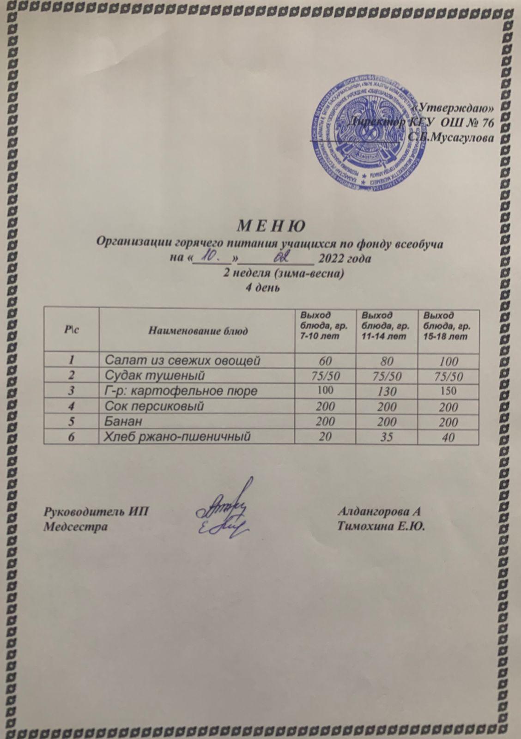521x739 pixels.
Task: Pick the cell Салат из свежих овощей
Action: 180,360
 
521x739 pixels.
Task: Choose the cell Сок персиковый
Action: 154,406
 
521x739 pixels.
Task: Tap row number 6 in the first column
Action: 71,437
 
